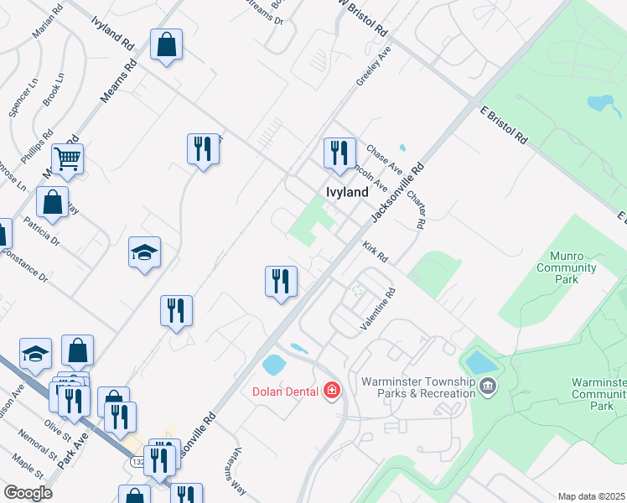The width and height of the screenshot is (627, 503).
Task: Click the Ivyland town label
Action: (x=346, y=192)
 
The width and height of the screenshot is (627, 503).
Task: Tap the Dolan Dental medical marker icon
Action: (x=332, y=391)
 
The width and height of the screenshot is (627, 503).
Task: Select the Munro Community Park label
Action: (x=567, y=268)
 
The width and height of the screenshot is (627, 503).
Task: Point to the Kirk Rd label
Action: (x=375, y=251)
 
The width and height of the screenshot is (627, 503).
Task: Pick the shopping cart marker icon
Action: (x=67, y=157)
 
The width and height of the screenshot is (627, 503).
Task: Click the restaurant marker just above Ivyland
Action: (x=339, y=153)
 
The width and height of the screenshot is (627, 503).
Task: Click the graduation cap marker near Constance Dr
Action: (x=144, y=251)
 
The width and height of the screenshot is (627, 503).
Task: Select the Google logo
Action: (x=28, y=493)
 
